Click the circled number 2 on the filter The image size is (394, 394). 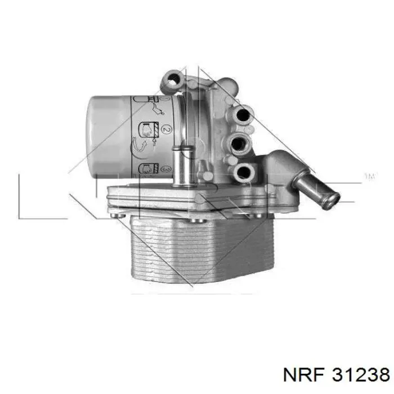(167, 129)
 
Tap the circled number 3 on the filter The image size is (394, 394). (167, 169)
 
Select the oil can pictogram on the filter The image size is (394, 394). (158, 110)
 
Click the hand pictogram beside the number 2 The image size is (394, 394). (147, 130)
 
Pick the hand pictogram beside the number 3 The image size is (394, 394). (147, 168)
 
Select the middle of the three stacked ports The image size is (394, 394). (239, 144)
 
